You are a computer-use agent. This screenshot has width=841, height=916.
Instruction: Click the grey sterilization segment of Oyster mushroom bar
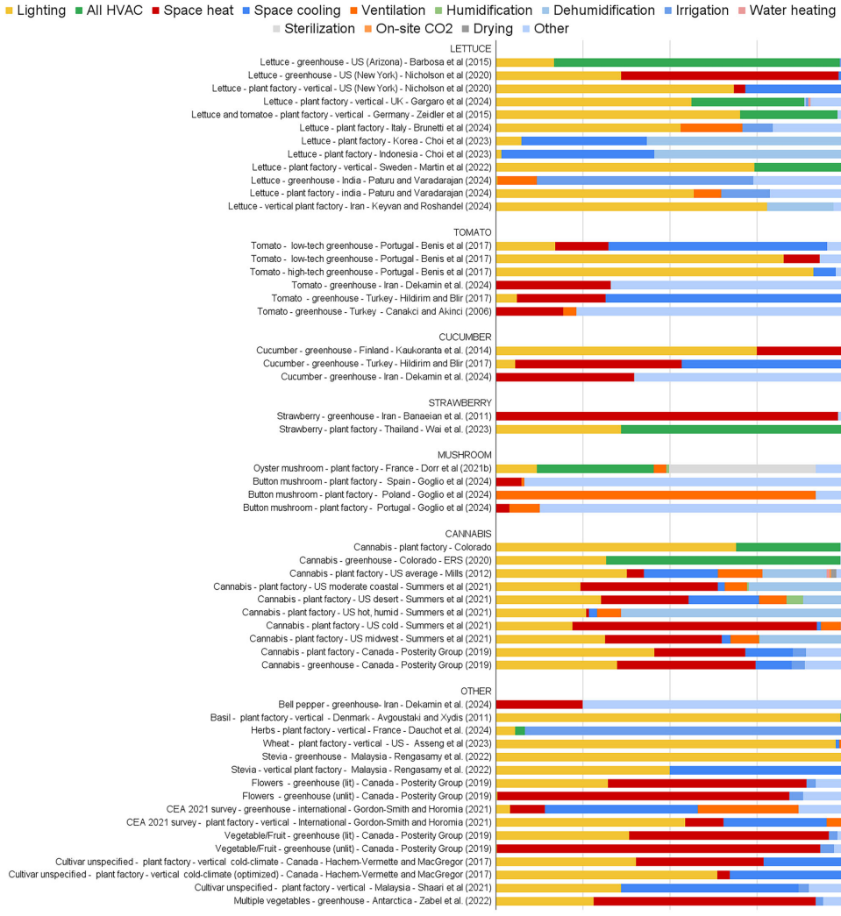point(742,468)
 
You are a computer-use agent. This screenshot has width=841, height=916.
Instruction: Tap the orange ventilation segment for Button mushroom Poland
point(656,494)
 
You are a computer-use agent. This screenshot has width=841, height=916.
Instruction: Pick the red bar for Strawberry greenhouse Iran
point(666,415)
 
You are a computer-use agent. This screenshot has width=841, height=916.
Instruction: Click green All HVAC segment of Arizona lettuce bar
point(697,62)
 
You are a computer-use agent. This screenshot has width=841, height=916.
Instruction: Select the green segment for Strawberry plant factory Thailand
point(731,429)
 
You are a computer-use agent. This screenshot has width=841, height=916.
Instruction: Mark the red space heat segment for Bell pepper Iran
point(539,704)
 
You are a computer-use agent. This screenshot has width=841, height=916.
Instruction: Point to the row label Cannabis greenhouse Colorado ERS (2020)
point(396,560)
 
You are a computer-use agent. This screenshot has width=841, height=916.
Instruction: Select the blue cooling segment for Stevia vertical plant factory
point(755,770)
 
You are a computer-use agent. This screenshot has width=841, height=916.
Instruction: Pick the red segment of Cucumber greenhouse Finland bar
point(798,351)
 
